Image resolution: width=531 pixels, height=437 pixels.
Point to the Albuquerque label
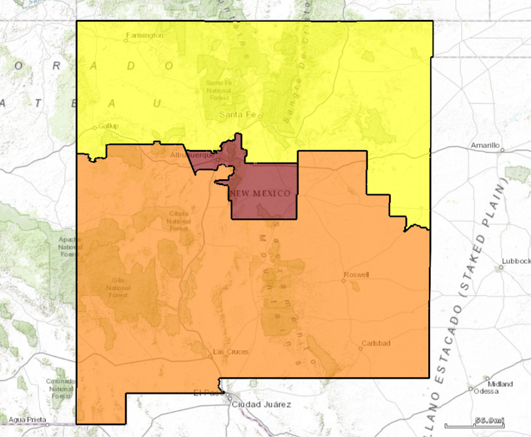coord(192,155)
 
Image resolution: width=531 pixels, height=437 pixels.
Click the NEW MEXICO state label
coord(260,193)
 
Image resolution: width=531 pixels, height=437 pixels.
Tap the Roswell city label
coord(356,275)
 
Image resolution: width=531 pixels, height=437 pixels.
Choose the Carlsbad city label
coord(375,343)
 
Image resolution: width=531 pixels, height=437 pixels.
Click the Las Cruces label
coord(230,351)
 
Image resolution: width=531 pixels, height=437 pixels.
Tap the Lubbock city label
coord(515,261)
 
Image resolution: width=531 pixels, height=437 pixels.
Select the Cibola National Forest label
coord(179,221)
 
